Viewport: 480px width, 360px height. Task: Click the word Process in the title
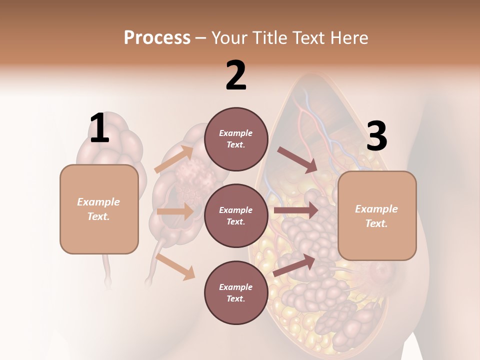pos(157,38)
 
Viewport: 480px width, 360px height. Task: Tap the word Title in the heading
pos(268,38)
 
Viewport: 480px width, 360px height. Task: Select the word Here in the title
pos(348,38)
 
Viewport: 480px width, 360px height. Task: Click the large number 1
pos(99,128)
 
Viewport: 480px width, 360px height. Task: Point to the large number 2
pos(236,76)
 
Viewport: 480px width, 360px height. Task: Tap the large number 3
pos(377,137)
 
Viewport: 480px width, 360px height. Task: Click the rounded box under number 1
pos(99,209)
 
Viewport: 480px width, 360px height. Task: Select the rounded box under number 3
pos(377,216)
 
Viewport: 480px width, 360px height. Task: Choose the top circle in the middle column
pos(236,139)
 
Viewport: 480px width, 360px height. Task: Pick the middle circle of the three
pos(236,216)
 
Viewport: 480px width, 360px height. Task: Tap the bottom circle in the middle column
pos(236,293)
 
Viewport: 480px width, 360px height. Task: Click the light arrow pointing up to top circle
pos(173,159)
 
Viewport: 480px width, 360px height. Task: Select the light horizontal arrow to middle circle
pos(175,211)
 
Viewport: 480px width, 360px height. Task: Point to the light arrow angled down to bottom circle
pos(175,266)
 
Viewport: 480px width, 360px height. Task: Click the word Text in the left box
pos(98,216)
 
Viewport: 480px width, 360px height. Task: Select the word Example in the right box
pos(376,209)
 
